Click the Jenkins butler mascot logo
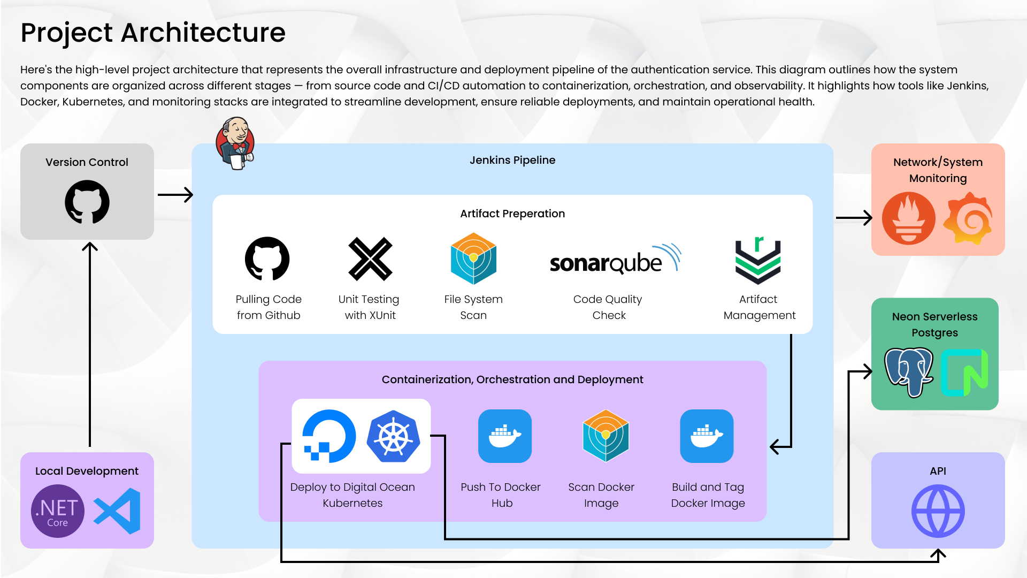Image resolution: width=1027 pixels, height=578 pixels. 235,143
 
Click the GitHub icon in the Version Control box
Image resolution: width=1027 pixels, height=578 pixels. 87,202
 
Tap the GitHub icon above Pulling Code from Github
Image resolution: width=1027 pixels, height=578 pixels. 267,258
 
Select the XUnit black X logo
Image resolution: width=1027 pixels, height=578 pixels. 370,259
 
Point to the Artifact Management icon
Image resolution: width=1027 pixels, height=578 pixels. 758,261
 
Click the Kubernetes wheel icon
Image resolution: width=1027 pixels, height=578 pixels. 394,437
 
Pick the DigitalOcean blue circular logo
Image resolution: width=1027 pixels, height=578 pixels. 328,436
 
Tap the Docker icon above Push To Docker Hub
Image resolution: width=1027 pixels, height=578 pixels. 504,436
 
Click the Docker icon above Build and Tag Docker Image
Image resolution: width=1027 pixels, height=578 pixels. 707,436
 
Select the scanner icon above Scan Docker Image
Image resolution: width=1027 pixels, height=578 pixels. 606,436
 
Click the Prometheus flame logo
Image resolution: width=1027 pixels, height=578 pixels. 908,219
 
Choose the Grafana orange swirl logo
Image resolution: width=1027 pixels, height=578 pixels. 968,219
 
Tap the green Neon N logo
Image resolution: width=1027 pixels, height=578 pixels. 964,372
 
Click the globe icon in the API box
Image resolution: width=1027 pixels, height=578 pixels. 938,511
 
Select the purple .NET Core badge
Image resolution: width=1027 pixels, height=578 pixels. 58,511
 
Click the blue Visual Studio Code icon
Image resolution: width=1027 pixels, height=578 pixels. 118,511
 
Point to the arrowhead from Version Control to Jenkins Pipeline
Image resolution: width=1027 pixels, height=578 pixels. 188,195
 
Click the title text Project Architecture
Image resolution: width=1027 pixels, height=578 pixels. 153,33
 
